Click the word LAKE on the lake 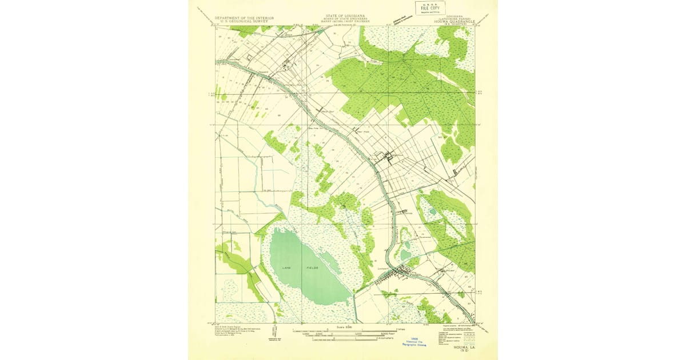[287, 267]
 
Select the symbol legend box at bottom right [457, 330]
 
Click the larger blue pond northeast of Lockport [405, 254]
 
